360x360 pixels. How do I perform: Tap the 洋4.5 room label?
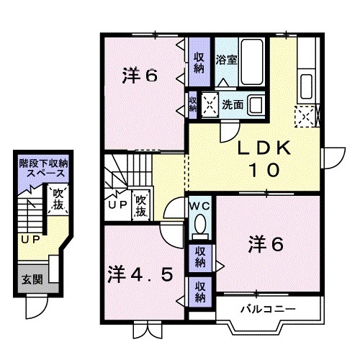point(140,274)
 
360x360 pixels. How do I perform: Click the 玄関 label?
point(30,279)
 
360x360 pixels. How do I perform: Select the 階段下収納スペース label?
point(45,168)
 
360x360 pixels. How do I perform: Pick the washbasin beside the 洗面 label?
point(256,103)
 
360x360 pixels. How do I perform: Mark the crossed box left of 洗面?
point(210,104)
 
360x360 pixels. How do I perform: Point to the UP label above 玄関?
point(30,240)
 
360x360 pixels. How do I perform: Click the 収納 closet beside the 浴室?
point(199,63)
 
